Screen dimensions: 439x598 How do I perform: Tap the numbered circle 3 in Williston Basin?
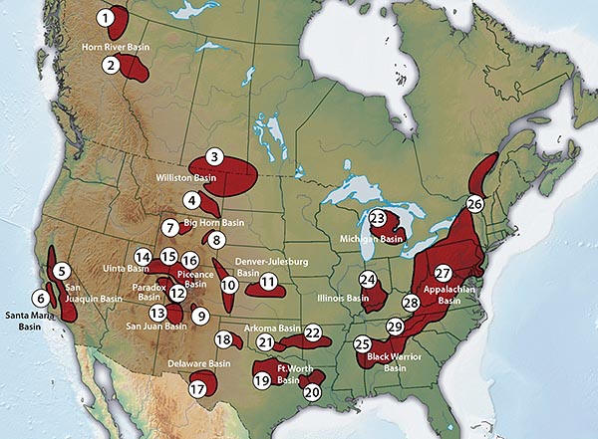[x=213, y=156]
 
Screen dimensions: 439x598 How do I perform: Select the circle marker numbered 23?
[x=377, y=218]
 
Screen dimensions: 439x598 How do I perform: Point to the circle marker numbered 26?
[x=474, y=203]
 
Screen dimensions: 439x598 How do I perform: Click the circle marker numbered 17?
[x=197, y=388]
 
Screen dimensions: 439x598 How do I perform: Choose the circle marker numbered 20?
[x=312, y=392]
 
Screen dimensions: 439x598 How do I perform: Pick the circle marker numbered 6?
[x=41, y=297]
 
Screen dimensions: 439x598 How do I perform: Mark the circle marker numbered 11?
[x=267, y=283]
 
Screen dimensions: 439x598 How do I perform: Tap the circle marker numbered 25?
[x=362, y=343]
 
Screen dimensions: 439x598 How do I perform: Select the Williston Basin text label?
[x=186, y=177]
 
